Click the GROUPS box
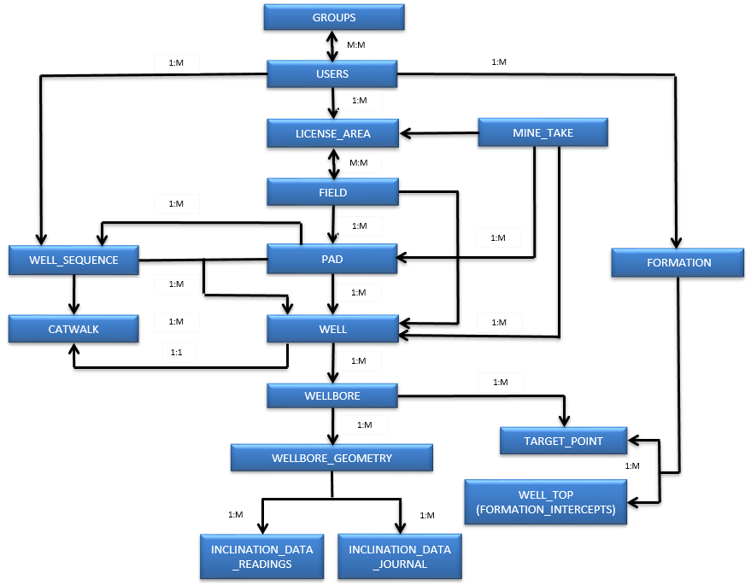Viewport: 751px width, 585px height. (334, 17)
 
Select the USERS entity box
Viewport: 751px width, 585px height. (331, 73)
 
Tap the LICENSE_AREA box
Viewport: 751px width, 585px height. (333, 133)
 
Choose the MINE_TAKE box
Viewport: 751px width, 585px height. (543, 132)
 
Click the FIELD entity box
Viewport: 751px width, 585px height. (333, 192)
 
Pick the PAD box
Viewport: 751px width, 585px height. (331, 259)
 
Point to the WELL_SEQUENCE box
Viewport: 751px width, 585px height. (73, 260)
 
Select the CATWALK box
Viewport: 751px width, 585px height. (73, 329)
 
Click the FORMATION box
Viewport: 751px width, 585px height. (678, 262)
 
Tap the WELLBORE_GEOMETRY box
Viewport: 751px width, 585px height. (331, 458)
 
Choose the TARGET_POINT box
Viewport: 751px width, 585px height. (563, 441)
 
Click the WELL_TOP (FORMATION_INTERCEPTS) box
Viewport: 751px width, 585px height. (546, 501)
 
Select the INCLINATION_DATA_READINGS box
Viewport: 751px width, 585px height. (262, 556)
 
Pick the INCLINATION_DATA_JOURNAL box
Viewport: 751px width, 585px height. (400, 556)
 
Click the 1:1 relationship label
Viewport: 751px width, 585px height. (176, 353)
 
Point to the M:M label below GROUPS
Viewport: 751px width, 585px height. (356, 44)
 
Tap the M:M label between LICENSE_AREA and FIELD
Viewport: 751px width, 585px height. (359, 163)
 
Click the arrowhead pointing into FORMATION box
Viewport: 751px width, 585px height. (676, 242)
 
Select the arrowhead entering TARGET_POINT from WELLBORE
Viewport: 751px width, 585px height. (564, 421)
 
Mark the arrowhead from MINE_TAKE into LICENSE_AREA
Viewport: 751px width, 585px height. (406, 133)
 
